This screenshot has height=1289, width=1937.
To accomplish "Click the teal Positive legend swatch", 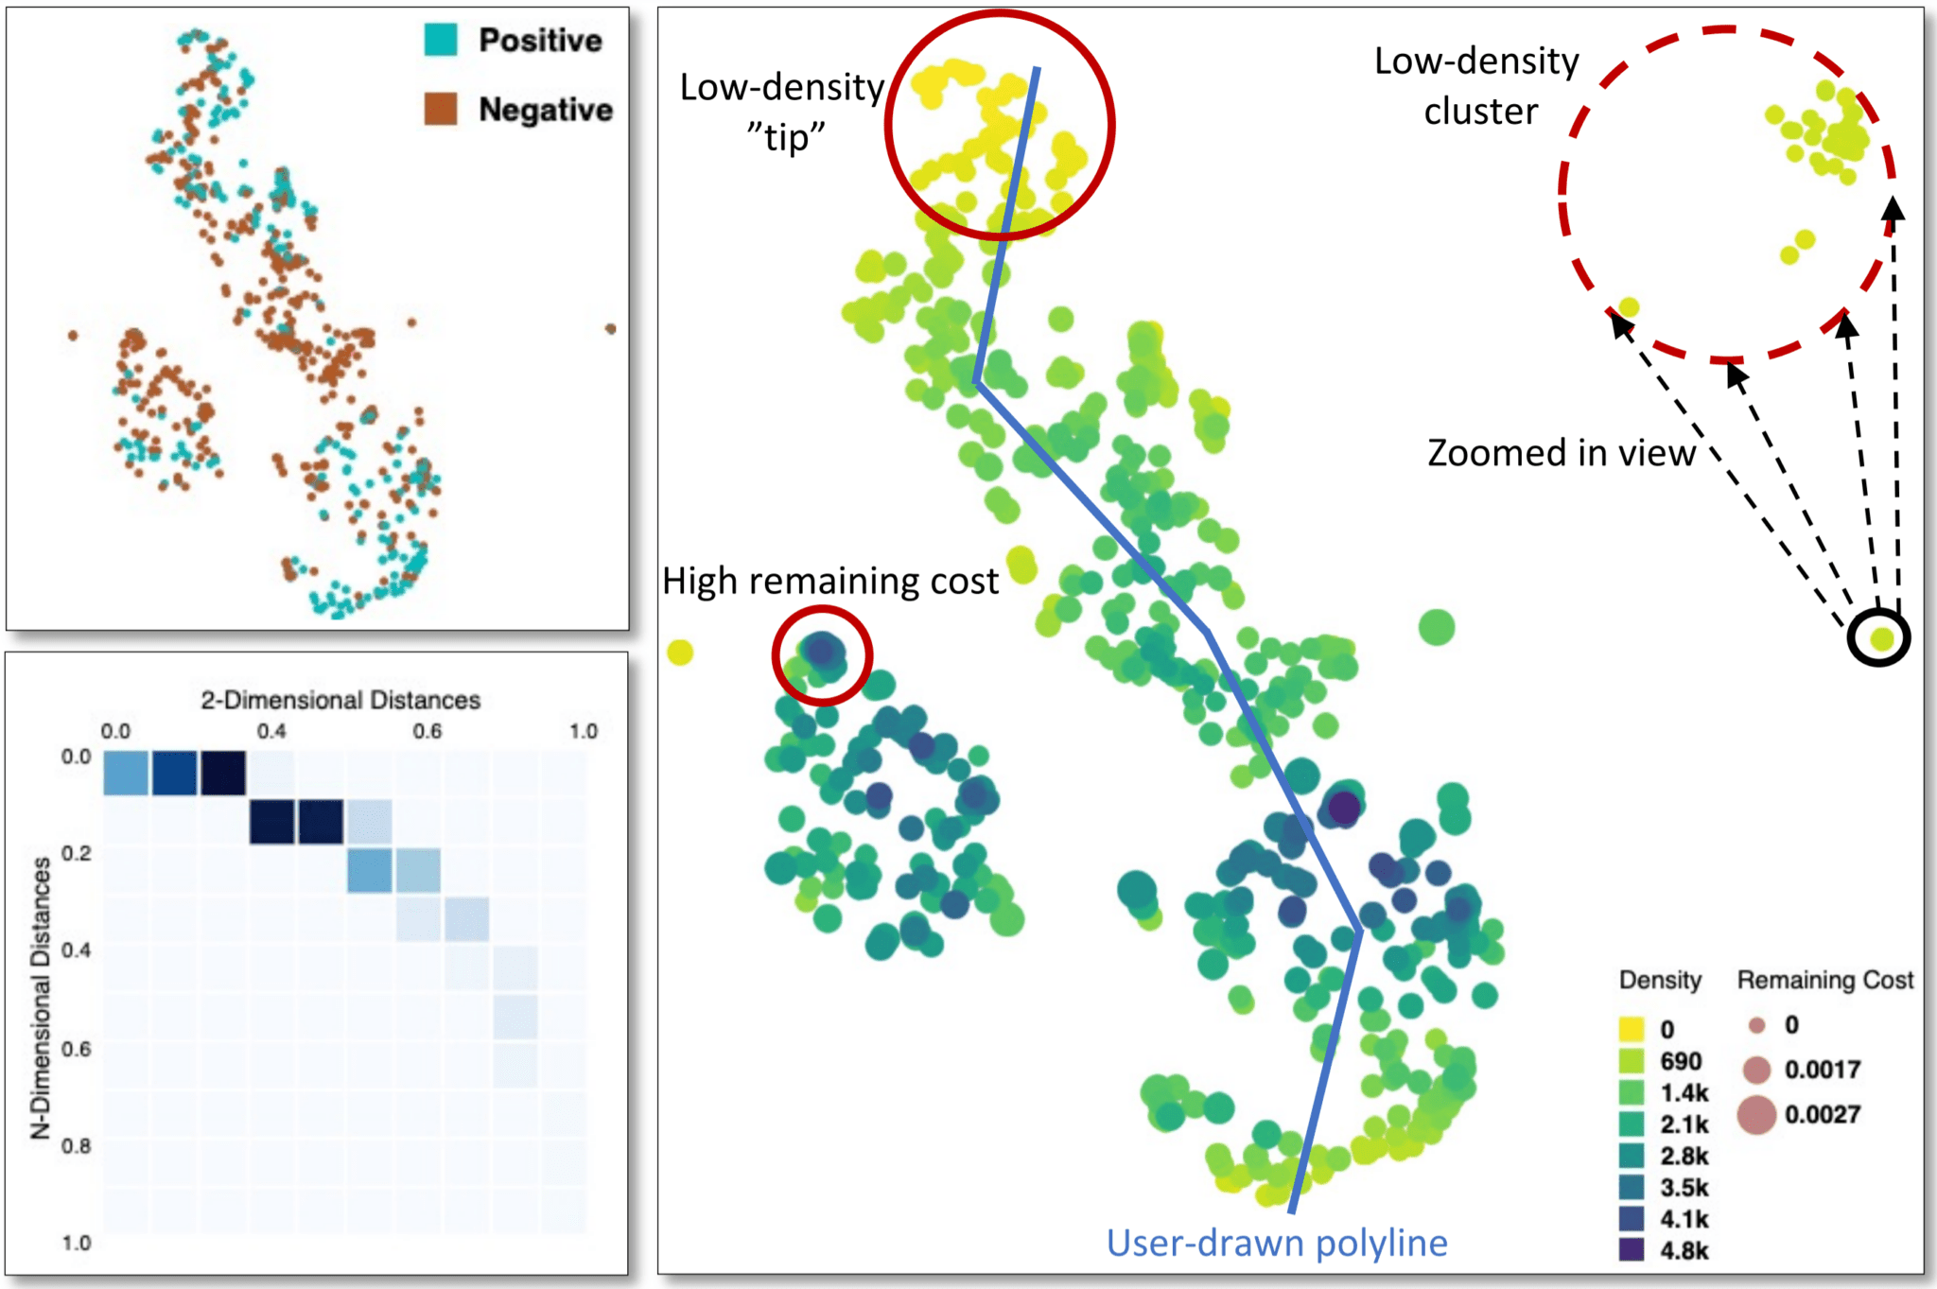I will point(441,40).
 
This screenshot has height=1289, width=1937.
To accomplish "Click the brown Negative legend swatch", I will point(441,109).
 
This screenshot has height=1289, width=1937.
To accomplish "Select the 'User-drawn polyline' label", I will point(1276,1243).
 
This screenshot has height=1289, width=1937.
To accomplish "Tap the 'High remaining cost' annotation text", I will point(829,581).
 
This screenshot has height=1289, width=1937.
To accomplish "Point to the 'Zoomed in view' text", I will point(1561,453).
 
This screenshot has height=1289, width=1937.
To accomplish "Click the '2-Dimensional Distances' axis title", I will point(340,700).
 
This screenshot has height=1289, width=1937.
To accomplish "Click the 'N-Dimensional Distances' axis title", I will point(41,998).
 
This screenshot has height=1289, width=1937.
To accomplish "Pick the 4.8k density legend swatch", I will point(1632,1249).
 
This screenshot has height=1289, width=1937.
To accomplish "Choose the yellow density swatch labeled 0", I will point(1632,1028).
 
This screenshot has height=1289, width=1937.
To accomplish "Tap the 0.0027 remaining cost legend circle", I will point(1756,1114).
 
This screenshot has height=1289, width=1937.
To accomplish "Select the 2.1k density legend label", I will point(1684,1124).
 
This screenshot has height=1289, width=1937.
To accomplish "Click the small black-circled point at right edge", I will point(1880,638).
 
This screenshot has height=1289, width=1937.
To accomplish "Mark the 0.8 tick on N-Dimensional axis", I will point(76,1145).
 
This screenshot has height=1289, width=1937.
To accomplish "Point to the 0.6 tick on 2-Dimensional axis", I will point(427,731).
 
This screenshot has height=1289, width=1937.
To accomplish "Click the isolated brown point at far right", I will point(611,329).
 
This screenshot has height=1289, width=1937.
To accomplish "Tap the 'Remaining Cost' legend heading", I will point(1824,980).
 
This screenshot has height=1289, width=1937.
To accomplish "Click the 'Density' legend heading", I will point(1660,980).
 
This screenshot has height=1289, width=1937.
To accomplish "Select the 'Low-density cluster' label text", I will point(1478,86).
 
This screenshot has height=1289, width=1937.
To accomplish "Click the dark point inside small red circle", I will point(821,651).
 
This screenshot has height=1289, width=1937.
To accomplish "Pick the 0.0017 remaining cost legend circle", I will point(1756,1070).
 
